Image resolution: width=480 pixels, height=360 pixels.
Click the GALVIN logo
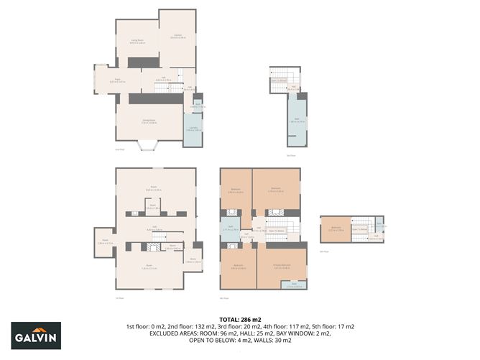pos(36,336)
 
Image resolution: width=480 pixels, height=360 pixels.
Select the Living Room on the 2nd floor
pos(137,42)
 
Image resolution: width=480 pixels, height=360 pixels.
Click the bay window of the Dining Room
pos(149,146)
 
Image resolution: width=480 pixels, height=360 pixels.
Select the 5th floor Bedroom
pos(335,229)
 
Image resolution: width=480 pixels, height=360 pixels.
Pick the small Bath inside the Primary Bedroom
pos(295,285)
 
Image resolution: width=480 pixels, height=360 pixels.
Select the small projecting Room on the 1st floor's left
pos(103,241)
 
